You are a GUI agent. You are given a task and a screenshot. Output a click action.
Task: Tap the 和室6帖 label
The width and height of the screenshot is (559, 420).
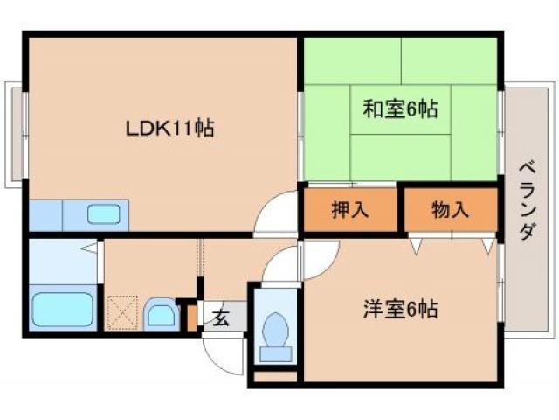(x=400, y=109)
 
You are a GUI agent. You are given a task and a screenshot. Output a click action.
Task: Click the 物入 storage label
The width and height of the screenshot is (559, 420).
(x=451, y=210)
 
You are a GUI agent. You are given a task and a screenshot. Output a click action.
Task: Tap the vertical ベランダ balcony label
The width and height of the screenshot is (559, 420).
(x=526, y=201)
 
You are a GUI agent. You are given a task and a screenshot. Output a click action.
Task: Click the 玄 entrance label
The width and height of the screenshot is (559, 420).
(x=221, y=318)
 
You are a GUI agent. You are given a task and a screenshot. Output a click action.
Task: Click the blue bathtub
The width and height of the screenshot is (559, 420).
(x=62, y=310)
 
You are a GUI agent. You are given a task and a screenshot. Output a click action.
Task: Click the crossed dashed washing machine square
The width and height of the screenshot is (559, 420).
(x=122, y=311)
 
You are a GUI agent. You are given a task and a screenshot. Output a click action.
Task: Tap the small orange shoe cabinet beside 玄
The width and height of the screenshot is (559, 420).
(x=191, y=318)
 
